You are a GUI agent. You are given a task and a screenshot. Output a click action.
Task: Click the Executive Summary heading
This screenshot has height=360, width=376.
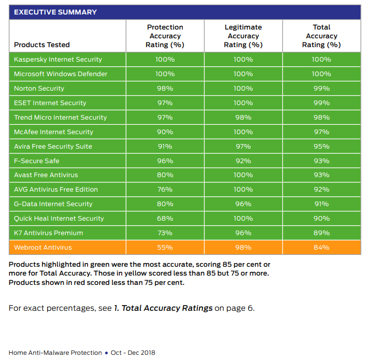tap(55, 12)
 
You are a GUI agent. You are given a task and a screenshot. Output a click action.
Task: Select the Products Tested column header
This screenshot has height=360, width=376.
tap(42, 45)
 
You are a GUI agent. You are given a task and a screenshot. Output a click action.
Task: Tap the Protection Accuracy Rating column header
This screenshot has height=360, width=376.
tap(165, 36)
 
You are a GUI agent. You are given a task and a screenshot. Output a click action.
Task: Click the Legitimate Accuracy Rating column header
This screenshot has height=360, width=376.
tap(243, 36)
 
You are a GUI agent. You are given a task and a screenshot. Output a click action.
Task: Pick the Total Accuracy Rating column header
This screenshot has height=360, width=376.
tap(321, 36)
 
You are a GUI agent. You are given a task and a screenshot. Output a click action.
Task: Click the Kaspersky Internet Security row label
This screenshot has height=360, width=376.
tap(58, 60)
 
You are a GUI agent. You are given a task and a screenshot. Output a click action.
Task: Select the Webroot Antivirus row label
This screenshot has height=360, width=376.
tap(43, 248)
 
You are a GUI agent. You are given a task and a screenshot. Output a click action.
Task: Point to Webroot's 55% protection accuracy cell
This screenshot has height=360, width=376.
tap(165, 248)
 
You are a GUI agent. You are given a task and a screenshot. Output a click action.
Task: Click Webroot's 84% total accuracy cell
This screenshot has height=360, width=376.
tap(321, 248)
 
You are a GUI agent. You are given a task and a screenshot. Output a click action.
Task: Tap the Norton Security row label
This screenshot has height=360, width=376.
tap(39, 89)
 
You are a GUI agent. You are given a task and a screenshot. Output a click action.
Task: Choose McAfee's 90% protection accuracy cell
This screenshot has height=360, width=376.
tap(165, 132)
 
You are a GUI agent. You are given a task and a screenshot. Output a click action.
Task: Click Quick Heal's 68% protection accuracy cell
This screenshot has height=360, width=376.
tap(165, 219)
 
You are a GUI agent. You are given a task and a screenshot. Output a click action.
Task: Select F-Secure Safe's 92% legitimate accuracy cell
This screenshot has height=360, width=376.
tap(243, 161)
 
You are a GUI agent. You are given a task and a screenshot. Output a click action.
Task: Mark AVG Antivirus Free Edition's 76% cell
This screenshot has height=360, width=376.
tap(165, 190)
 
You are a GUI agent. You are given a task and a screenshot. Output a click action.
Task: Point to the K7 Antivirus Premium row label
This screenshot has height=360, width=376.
tap(49, 233)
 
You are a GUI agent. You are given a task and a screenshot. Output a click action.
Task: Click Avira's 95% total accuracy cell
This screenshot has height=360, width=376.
tap(321, 147)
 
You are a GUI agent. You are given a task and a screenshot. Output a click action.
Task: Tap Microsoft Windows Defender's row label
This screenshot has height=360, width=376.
tap(61, 74)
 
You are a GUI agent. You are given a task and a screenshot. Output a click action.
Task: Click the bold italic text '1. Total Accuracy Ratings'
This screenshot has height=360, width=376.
tap(163, 308)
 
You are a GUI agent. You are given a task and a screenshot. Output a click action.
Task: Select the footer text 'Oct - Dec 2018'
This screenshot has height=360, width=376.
tap(133, 353)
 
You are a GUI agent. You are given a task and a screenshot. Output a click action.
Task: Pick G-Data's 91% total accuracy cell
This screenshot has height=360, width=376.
tap(321, 204)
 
